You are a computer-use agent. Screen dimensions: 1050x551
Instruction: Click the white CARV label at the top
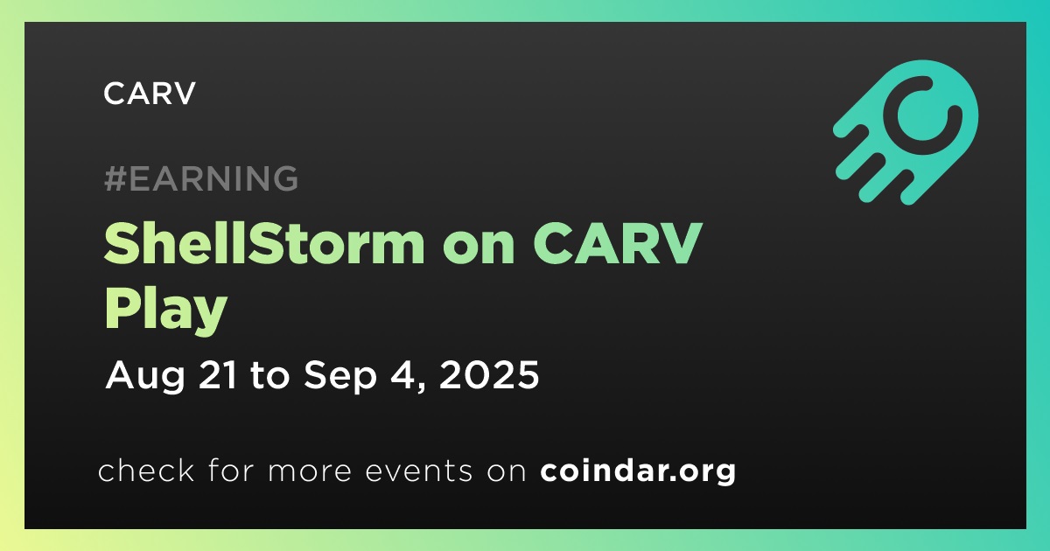[149, 94]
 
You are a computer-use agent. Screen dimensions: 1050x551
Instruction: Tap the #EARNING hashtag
[201, 178]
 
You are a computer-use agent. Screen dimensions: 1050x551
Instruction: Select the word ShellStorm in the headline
[264, 243]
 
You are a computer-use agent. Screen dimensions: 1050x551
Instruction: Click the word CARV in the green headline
[617, 244]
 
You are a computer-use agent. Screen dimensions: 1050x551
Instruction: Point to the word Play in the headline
[166, 310]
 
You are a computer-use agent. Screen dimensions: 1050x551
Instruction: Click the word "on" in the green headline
[478, 248]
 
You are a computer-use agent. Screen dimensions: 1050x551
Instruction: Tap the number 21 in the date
[218, 375]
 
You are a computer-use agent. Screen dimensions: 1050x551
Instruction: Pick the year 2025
[489, 375]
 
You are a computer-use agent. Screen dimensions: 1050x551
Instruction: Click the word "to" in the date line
[270, 376]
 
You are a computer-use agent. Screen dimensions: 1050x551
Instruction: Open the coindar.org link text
[638, 471]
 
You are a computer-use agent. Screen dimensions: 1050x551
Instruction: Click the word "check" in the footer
[146, 470]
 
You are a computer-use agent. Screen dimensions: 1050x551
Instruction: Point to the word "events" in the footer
[419, 471]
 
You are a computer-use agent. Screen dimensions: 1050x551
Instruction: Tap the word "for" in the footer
[231, 470]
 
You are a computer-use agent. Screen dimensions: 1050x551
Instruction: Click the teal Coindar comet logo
[906, 132]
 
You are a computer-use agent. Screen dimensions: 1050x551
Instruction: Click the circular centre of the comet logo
[922, 115]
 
